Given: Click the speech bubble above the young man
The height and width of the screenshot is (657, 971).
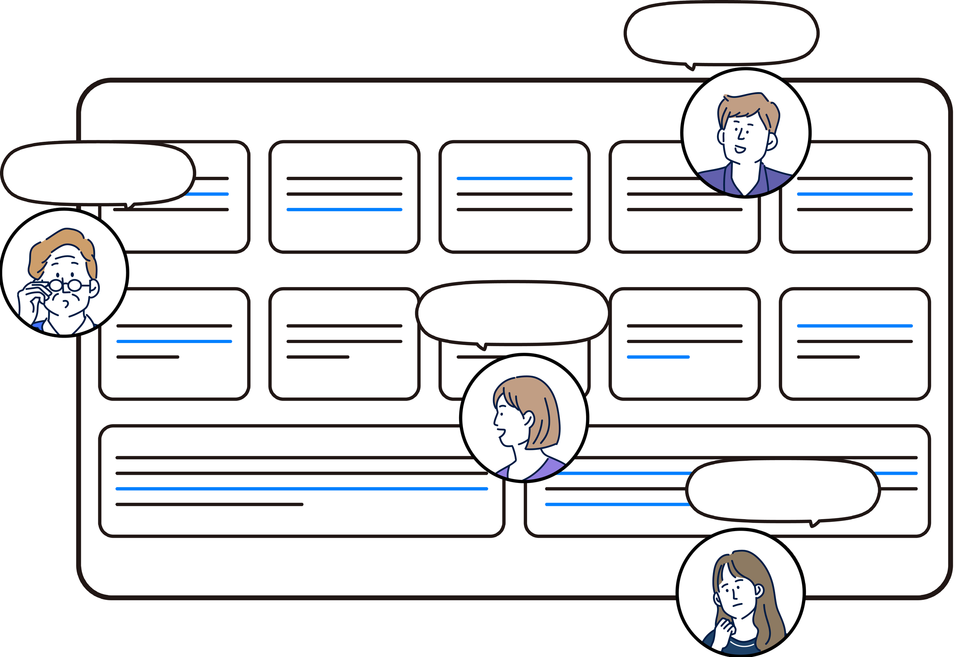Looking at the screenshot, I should click(x=721, y=33).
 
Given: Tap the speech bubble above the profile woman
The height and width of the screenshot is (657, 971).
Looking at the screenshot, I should click(x=512, y=313).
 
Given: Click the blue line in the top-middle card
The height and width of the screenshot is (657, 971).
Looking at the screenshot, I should click(x=514, y=178).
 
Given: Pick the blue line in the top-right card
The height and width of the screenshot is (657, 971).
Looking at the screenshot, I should click(x=854, y=194).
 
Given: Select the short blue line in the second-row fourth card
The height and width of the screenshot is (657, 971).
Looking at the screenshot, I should click(x=658, y=357).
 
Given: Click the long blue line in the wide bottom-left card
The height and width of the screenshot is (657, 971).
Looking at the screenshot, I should click(x=301, y=488).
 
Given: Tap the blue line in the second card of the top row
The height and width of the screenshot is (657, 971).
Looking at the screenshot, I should click(x=344, y=209).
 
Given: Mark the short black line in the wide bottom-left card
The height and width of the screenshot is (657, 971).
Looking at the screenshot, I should click(x=209, y=504).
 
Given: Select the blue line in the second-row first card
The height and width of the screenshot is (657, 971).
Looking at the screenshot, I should click(x=174, y=342).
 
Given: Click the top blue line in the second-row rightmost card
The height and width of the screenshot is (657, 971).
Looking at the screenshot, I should click(x=854, y=326).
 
